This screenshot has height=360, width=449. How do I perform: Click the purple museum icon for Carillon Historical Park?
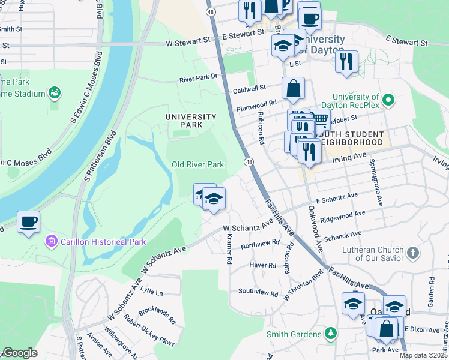(52, 242)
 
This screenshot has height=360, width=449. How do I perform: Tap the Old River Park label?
(197, 164)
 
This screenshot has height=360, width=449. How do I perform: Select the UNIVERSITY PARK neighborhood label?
(191, 121)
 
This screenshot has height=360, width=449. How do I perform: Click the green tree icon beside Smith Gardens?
(330, 332)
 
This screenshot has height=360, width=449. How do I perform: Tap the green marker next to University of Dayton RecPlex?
(388, 100)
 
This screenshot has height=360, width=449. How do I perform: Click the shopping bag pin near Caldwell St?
(292, 89)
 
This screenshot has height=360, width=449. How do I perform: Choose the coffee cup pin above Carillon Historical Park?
(28, 222)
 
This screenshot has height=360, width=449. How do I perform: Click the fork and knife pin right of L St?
(346, 62)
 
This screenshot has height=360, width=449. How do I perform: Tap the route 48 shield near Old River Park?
(247, 162)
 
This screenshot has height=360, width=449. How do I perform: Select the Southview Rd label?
(258, 294)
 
